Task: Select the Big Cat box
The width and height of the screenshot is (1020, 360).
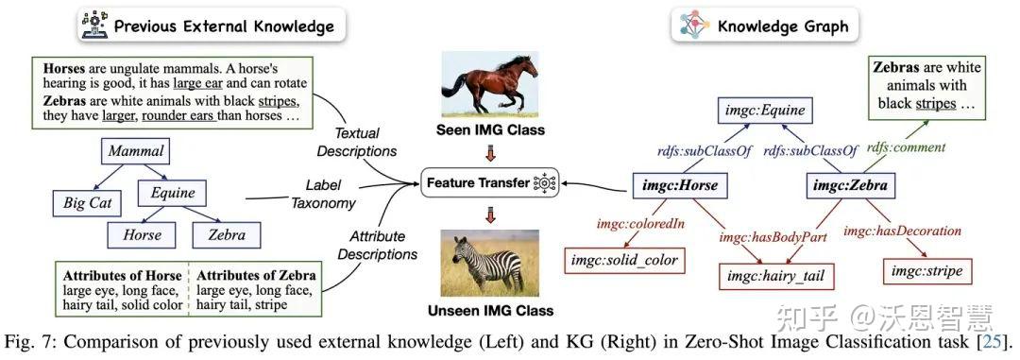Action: [x=87, y=202]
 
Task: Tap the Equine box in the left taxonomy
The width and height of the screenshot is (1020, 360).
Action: [x=172, y=193]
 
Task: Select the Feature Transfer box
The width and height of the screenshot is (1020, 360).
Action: [x=489, y=182]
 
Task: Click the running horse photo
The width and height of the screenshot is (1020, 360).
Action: [x=488, y=84]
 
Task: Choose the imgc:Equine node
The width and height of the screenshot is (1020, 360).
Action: [x=765, y=111]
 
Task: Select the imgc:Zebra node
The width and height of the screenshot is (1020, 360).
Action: [x=852, y=186]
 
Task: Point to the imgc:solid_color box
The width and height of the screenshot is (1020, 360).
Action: [x=624, y=259]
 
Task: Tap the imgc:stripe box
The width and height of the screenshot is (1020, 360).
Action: [x=927, y=271]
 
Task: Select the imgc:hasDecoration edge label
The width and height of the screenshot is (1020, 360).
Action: [x=902, y=230]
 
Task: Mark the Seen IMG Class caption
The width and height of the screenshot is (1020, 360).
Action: [x=488, y=129]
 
